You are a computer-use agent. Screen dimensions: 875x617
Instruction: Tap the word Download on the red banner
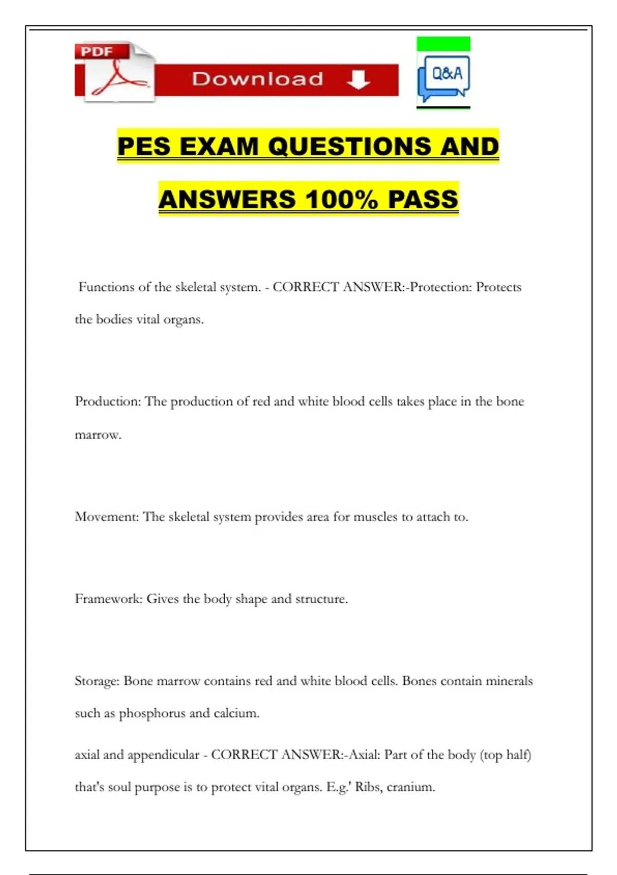(258, 79)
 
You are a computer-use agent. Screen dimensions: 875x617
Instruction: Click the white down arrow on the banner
(358, 80)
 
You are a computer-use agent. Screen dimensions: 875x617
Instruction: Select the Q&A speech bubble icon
(444, 78)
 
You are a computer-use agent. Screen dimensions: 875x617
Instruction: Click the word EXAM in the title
(219, 146)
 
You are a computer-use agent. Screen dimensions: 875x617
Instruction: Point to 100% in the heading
(341, 200)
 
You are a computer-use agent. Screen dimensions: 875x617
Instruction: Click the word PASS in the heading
(423, 200)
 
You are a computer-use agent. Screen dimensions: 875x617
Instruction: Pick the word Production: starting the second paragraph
(107, 401)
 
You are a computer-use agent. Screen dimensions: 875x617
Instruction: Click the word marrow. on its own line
(98, 435)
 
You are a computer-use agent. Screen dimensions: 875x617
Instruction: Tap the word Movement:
(107, 517)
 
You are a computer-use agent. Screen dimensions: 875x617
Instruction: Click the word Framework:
(108, 599)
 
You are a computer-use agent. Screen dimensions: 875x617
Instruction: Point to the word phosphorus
(152, 713)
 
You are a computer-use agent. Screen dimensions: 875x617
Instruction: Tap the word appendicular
(163, 755)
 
